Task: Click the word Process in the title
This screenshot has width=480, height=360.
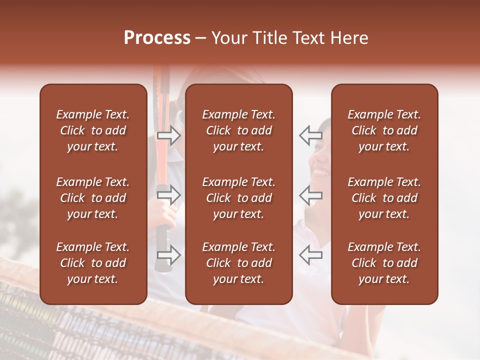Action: click(x=157, y=38)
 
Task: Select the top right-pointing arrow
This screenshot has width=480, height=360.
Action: click(x=169, y=135)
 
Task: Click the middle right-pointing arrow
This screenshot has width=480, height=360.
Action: click(x=169, y=195)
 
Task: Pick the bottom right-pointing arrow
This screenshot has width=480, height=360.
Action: click(x=169, y=255)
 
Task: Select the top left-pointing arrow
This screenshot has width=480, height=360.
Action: click(x=310, y=135)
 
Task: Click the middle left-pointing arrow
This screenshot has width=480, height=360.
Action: click(x=310, y=195)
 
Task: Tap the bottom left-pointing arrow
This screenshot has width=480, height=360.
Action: click(x=310, y=255)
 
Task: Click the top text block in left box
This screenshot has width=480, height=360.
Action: click(x=93, y=130)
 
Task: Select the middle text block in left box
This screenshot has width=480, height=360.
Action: click(x=93, y=198)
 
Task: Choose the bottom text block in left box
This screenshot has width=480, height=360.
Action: click(x=93, y=263)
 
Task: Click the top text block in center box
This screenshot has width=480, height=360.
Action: click(x=238, y=130)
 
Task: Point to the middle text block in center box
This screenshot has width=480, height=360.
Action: click(x=238, y=198)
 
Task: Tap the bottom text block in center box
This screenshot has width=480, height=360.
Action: click(x=238, y=263)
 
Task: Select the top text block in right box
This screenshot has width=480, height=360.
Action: click(x=384, y=130)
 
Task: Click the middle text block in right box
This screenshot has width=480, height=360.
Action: click(x=384, y=198)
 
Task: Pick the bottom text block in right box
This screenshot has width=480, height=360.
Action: click(x=384, y=263)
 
